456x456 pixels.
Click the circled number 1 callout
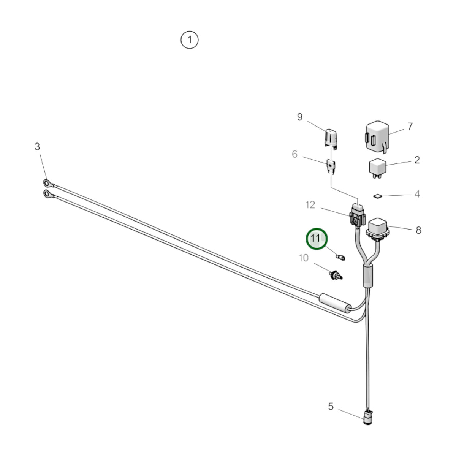tap(189, 40)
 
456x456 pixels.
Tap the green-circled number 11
tap(317, 239)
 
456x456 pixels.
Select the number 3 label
tap(37, 146)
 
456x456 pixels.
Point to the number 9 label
tap(299, 117)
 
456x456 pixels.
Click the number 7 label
tap(410, 127)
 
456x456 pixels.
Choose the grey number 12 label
tap(310, 205)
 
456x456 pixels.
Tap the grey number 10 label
tap(304, 258)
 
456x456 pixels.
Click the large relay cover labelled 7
tap(377, 137)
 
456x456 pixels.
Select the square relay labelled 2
tap(377, 168)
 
